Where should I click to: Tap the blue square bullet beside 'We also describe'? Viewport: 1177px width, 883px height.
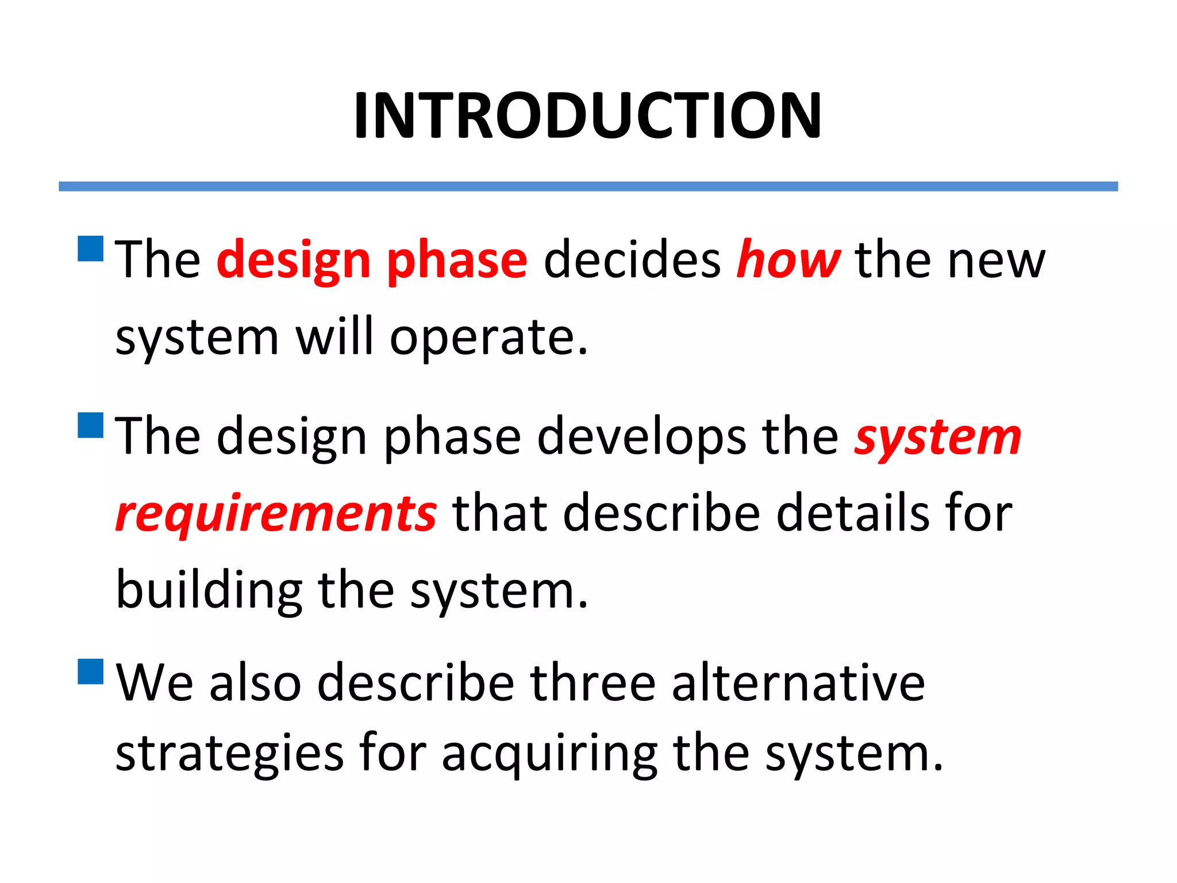(x=90, y=671)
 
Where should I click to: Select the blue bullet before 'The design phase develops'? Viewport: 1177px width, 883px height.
(x=90, y=425)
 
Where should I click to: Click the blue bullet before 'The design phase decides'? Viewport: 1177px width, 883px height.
(x=90, y=248)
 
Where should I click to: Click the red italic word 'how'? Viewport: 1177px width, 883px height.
(x=788, y=260)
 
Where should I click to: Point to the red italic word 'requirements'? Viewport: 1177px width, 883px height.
(x=276, y=513)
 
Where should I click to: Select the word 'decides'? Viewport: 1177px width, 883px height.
(x=632, y=260)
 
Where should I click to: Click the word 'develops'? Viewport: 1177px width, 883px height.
(x=641, y=437)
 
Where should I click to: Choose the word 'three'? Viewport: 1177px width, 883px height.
(x=593, y=683)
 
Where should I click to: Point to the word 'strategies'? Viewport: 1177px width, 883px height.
(x=229, y=753)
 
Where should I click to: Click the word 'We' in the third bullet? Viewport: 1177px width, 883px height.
(x=155, y=683)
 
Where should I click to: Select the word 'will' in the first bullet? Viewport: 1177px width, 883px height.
(x=334, y=337)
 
